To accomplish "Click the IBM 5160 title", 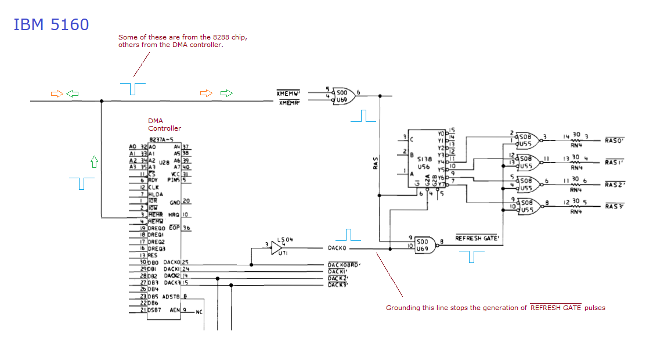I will pos(51,24).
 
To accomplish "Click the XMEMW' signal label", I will pos(288,93).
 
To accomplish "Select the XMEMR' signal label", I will pos(288,103).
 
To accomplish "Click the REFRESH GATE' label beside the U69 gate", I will pos(477,238).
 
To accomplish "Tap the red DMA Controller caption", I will pos(164,124).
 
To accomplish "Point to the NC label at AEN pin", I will pos(199,312).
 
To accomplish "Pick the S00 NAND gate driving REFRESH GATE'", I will pos(422,245).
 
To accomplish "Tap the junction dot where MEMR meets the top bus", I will pos(102,101).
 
